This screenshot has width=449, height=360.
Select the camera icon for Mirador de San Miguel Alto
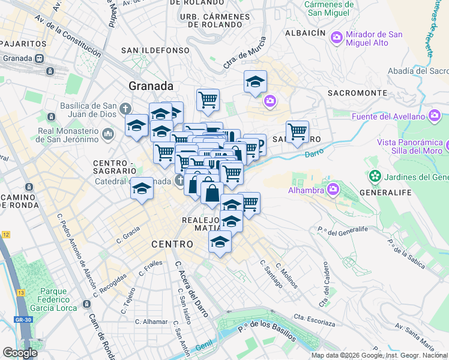pyautogui.click(x=337, y=37)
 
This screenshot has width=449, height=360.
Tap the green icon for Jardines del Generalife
pyautogui.click(x=375, y=176)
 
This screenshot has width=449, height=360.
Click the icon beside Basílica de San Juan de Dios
pyautogui.click(x=125, y=109)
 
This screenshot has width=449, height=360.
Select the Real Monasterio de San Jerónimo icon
pyautogui.click(x=108, y=133)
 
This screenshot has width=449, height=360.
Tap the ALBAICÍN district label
pyautogui.click(x=306, y=34)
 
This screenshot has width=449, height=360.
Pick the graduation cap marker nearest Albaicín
pyautogui.click(x=255, y=81)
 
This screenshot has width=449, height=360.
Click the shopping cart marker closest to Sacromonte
pyautogui.click(x=297, y=131)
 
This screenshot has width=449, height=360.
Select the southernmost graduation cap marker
pyautogui.click(x=220, y=242)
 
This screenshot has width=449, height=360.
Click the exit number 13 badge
pyautogui.click(x=20, y=292)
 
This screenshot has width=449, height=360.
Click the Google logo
pyautogui.click(x=20, y=352)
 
